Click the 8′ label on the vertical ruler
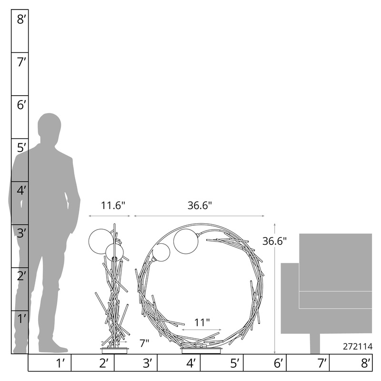coord(21,19)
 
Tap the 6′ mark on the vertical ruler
coord(21,105)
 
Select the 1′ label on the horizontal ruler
coord(60,363)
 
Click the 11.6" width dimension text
coord(113,206)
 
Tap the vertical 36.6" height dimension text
coord(275,241)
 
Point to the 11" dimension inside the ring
coord(202,323)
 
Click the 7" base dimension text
coord(144,343)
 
